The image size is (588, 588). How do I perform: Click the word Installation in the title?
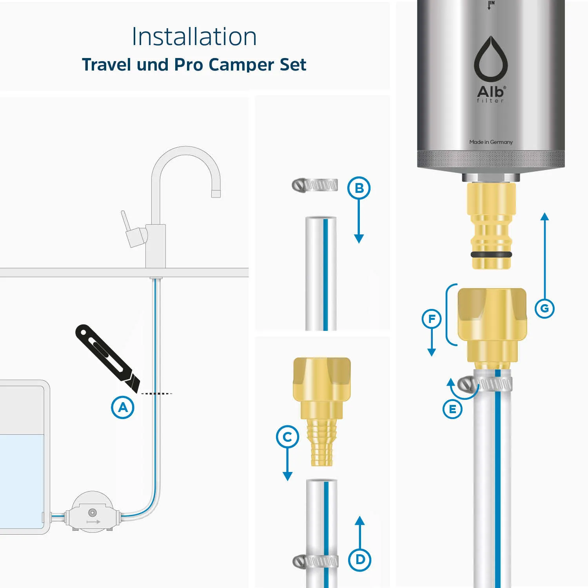click(x=194, y=36)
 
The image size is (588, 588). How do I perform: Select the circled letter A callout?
click(x=123, y=407)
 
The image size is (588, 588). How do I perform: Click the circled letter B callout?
click(x=359, y=188)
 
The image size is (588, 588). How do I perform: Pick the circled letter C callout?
click(x=287, y=437)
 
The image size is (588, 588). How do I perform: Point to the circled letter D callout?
click(x=360, y=560)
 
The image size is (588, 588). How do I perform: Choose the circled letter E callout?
click(x=452, y=409)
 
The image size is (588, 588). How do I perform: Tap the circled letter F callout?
click(x=432, y=319)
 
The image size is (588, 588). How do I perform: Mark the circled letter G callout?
click(x=544, y=309)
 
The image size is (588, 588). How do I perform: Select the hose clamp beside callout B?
click(x=315, y=185)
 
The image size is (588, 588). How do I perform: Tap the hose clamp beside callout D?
click(x=316, y=562)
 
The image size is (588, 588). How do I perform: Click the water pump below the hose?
click(x=93, y=512)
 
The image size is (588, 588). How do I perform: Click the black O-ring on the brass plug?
click(x=491, y=254)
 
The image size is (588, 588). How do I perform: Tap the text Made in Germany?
click(x=491, y=142)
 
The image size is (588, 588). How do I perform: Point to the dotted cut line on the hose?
click(x=156, y=393)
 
